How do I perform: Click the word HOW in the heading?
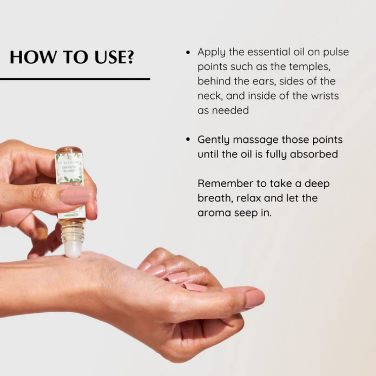coord(32,57)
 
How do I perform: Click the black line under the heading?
coord(75,79)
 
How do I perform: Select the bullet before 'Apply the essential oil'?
coord(188,52)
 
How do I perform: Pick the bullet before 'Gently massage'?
coord(188,140)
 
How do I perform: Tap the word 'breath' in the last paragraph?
coord(214,198)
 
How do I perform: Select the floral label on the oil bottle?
coord(70,171)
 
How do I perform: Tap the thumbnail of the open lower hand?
coord(254,298)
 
